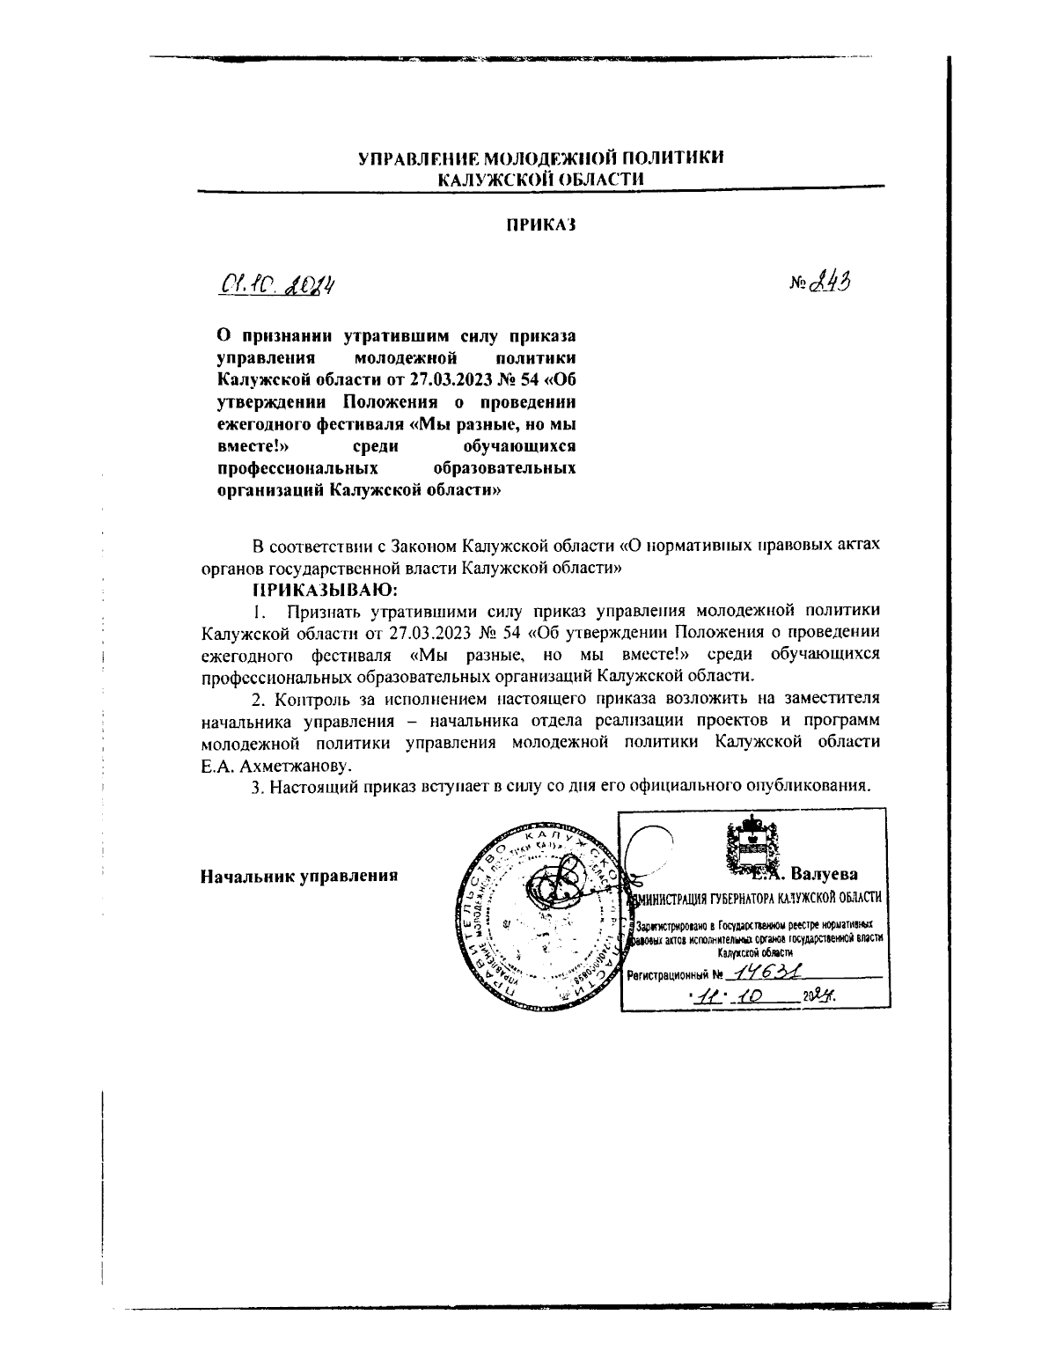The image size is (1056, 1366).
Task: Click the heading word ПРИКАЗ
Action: point(540,225)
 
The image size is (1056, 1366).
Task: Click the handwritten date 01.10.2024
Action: point(275,285)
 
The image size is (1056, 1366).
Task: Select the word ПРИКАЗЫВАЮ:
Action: point(326,588)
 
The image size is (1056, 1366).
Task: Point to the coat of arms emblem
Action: point(750,847)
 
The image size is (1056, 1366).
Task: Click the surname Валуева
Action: point(825,874)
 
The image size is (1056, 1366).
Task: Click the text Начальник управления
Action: point(299,876)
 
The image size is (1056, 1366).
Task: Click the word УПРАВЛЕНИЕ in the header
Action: point(412,158)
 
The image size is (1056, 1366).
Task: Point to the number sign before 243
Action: point(798,284)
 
